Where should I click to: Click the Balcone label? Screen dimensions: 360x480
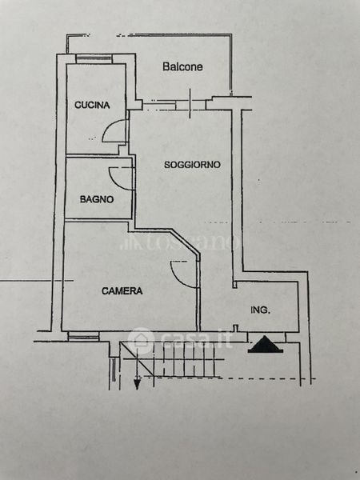(x=182, y=66)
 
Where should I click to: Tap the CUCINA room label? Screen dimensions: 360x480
(x=92, y=105)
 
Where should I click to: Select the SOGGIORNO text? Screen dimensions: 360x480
(x=192, y=165)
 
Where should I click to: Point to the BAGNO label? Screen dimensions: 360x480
(x=97, y=199)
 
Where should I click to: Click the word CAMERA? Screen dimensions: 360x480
(x=122, y=291)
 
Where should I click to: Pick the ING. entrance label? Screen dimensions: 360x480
(x=260, y=310)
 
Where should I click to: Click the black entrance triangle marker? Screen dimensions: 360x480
(x=265, y=344)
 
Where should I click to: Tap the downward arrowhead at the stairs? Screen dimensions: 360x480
(x=137, y=383)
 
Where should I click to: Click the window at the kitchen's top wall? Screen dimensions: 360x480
(x=94, y=58)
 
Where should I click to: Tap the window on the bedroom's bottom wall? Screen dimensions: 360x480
(x=83, y=337)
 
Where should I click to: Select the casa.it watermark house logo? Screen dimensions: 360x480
(x=141, y=339)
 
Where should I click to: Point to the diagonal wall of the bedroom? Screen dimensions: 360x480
(x=186, y=242)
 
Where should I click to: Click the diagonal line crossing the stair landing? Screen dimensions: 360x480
(x=137, y=360)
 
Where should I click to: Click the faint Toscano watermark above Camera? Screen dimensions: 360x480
(x=181, y=242)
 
